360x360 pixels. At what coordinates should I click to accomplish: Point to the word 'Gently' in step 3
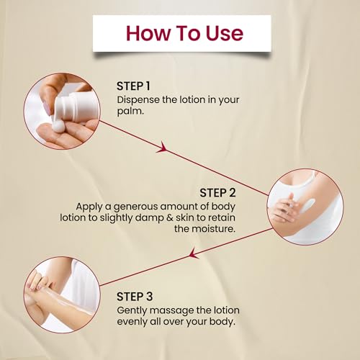[132, 310]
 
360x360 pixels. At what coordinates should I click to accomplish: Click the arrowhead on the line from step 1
[163, 148]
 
